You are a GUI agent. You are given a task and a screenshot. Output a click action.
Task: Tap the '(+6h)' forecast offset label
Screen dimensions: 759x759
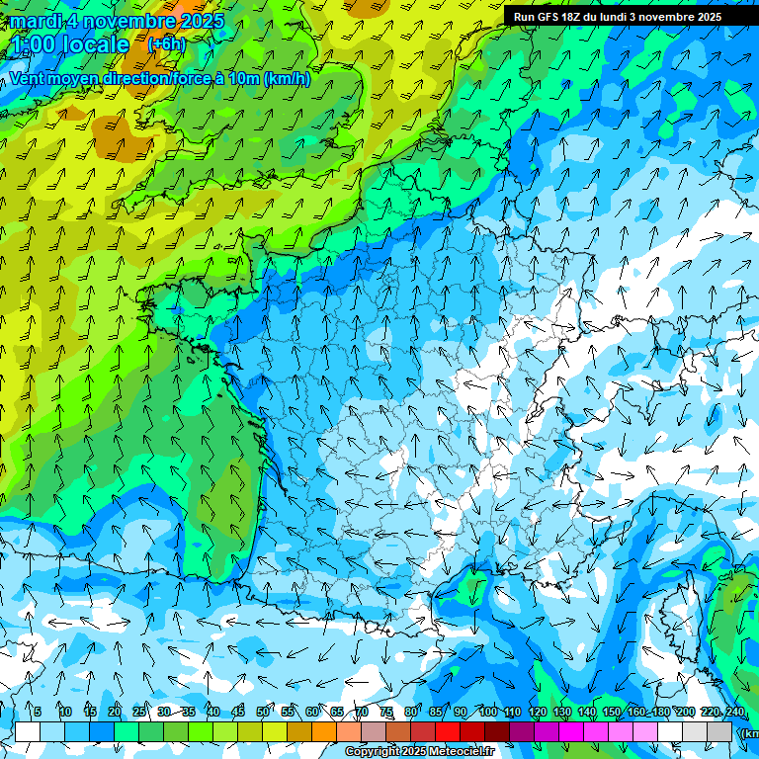coord(166,44)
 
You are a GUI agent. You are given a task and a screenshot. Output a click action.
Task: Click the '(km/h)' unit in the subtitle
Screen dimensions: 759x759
coord(288,78)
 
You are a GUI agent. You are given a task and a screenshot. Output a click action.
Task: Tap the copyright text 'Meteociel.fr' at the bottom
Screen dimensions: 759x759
coord(461,752)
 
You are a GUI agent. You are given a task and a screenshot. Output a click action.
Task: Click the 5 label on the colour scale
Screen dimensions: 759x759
coord(38,713)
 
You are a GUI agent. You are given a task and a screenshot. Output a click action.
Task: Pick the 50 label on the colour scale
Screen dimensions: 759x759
coord(263,713)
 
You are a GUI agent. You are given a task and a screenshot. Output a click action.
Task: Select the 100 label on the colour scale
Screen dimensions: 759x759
coord(487,713)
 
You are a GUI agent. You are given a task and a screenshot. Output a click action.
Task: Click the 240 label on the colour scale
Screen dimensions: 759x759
coord(734,713)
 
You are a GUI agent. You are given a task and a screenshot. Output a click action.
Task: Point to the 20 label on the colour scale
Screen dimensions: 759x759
coord(115,713)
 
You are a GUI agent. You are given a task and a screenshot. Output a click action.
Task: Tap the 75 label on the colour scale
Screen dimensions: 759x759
coord(386,713)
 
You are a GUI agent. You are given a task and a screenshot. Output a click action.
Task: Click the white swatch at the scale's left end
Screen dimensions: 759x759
coord(28,732)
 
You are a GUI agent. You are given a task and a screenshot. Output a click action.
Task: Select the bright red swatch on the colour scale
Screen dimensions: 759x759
coord(448,732)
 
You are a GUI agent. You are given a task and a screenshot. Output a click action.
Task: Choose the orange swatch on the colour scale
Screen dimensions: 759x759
coord(324,732)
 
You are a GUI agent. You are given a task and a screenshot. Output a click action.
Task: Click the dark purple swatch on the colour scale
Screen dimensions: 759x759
coord(522,732)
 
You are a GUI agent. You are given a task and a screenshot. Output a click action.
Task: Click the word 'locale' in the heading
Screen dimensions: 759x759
coord(95,44)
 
